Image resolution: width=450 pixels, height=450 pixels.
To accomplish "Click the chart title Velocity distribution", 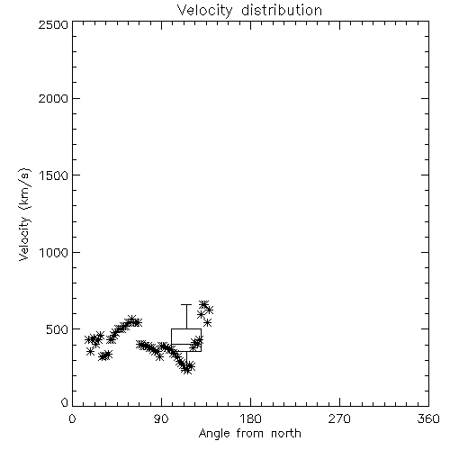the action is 249,10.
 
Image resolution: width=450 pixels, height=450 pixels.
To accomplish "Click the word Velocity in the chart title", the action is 204,10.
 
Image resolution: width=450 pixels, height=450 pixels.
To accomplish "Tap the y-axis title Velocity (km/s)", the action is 24,214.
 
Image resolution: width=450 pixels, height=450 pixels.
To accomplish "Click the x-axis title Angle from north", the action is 249,434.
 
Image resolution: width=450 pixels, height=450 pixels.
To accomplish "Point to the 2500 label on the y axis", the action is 53,24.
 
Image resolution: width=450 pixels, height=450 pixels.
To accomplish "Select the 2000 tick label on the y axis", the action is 53,98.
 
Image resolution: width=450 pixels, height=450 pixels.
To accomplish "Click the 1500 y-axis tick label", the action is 54,175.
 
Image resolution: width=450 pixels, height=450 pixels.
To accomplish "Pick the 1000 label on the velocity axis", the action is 54,252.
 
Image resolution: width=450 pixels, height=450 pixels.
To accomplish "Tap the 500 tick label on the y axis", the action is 58,329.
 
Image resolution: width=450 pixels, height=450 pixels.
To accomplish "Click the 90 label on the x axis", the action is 161,418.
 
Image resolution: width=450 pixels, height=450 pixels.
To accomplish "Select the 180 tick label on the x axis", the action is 250,418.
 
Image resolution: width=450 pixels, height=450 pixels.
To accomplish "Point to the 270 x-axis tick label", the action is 339,418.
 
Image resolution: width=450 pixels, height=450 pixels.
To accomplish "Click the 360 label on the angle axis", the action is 428,418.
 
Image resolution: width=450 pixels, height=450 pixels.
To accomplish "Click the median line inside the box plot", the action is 186,344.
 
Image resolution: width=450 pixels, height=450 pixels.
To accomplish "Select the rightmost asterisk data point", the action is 210,310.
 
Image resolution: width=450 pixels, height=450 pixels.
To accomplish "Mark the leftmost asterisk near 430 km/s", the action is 88,339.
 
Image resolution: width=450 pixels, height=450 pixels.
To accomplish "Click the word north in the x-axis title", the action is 286,434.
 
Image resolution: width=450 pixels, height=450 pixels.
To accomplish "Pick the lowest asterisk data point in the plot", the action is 186,370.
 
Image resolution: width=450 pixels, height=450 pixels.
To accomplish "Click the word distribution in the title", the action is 282,10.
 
